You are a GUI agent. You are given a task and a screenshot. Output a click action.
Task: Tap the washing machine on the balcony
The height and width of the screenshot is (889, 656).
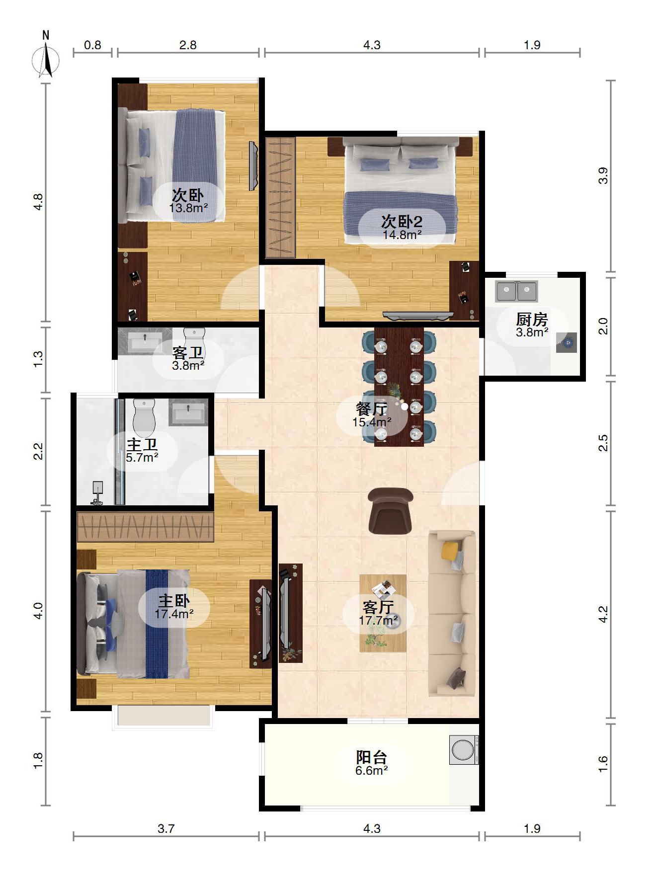pos(464,750)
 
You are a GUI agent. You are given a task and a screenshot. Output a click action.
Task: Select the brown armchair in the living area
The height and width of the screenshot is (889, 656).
pos(391,511)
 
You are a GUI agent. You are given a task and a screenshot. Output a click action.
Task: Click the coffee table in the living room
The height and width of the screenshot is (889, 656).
pos(383,613)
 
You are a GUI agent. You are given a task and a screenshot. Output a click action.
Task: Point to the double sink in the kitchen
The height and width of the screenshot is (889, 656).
pos(516,291)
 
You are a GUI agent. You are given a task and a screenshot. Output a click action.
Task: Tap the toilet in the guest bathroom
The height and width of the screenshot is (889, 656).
pos(194,335)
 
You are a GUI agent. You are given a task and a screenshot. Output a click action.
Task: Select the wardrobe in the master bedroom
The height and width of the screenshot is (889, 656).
pos(145,526)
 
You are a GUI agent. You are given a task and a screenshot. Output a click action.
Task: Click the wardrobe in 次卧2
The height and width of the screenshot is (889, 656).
pos(280,197)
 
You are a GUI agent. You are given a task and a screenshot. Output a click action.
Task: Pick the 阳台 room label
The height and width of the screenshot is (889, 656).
pos(371,757)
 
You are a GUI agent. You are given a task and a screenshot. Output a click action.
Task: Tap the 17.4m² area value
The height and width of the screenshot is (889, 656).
pos(174,614)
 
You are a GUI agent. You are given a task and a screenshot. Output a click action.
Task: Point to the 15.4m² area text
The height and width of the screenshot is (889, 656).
pos(372,422)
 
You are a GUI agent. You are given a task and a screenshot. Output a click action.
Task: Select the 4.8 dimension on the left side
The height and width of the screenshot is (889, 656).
pos(38,202)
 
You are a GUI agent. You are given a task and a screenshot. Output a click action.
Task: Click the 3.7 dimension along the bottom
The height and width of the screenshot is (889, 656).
pos(166,828)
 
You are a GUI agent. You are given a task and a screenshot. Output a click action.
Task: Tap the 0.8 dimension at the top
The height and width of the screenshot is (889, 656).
pos(92,45)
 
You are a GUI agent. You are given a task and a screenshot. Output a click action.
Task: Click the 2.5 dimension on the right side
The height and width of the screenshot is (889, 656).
pos(603,443)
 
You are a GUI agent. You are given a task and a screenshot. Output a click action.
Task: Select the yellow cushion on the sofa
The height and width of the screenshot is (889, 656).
pos(450,549)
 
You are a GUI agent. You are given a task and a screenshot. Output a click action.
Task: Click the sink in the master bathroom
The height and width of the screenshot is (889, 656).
pos(188,412)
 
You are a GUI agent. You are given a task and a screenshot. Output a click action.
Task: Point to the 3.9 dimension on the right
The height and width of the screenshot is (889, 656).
pos(603,176)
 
